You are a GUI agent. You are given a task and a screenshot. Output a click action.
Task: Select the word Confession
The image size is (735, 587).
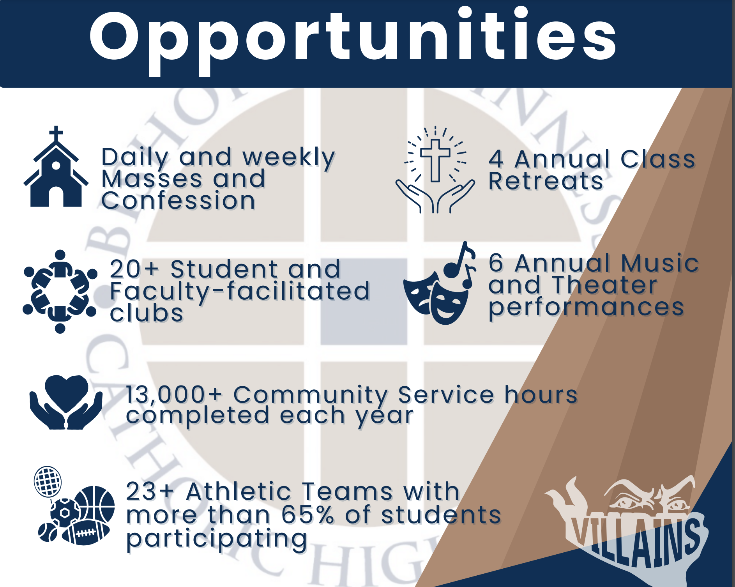pyautogui.click(x=178, y=201)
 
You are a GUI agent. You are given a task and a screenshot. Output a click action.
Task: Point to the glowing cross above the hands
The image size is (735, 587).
pyautogui.click(x=435, y=160)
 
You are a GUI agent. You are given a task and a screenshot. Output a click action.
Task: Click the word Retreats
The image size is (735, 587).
pyautogui.click(x=546, y=181)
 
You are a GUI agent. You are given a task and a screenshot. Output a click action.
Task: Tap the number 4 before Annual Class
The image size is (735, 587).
pyautogui.click(x=496, y=159)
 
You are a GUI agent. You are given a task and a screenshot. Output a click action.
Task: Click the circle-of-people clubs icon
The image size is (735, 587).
pyautogui.click(x=60, y=292)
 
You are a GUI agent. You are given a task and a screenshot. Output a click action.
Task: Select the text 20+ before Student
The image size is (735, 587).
pyautogui.click(x=134, y=269)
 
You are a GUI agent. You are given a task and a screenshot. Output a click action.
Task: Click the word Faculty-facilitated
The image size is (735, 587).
pyautogui.click(x=239, y=292)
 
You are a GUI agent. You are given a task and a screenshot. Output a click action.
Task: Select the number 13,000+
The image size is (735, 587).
pyautogui.click(x=174, y=395)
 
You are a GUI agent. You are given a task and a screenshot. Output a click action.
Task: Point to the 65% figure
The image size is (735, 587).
pyautogui.click(x=308, y=515)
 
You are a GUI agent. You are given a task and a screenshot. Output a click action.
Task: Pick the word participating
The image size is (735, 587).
pyautogui.click(x=217, y=539)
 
